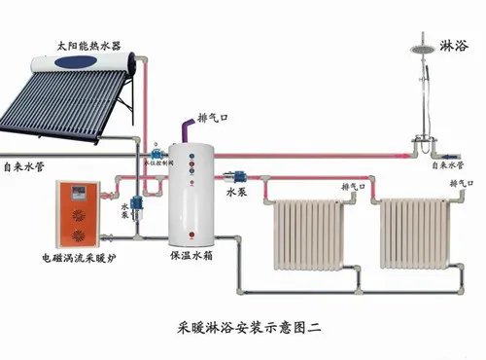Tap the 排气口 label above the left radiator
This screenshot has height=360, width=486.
(x=354, y=185)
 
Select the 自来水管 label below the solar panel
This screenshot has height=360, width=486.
(x=21, y=166)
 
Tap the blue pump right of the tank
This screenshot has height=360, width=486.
(x=236, y=178)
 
